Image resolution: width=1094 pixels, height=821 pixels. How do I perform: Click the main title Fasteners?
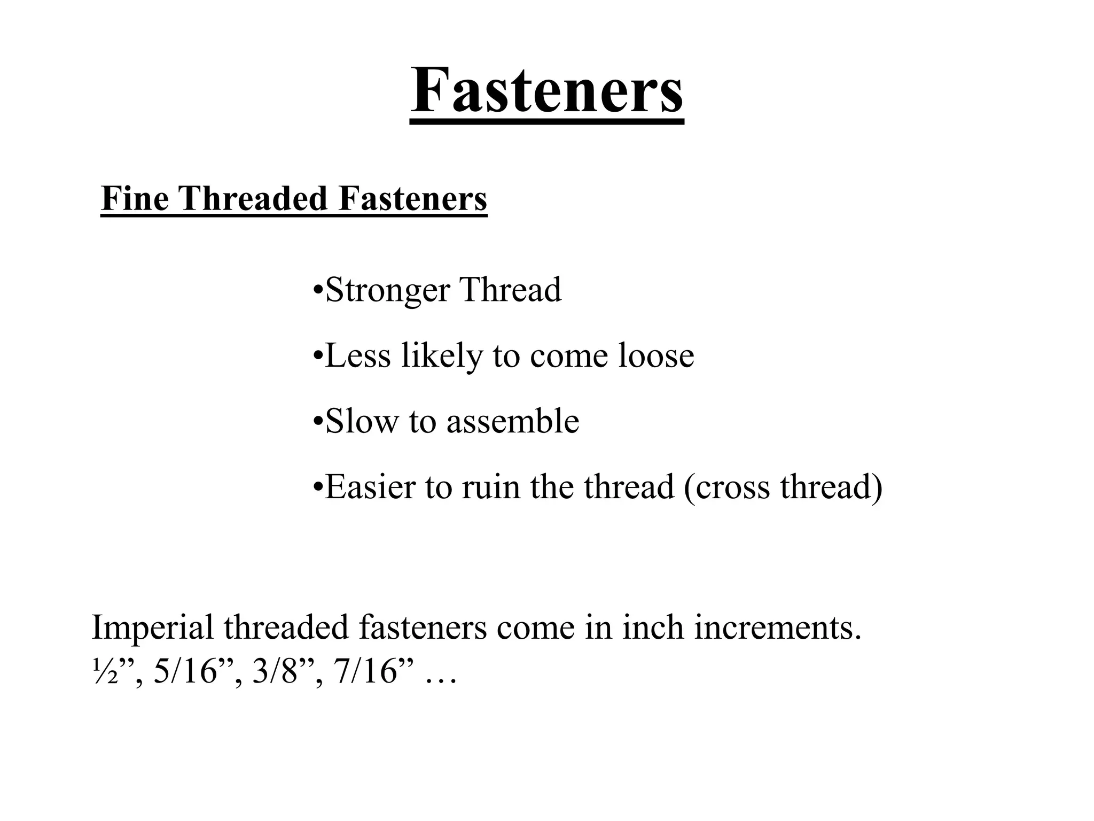pyautogui.click(x=546, y=89)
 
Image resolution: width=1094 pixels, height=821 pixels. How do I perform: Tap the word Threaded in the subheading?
pyautogui.click(x=253, y=198)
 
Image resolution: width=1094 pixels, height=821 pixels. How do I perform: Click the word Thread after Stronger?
pyautogui.click(x=511, y=290)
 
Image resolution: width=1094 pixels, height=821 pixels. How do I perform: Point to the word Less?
pyautogui.click(x=357, y=355)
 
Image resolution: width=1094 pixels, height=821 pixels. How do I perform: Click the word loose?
pyautogui.click(x=656, y=355)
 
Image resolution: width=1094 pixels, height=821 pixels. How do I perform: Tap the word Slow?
pyautogui.click(x=362, y=421)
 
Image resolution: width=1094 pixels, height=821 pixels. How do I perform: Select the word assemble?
pyautogui.click(x=513, y=421)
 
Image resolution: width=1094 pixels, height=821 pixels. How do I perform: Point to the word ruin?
pyautogui.click(x=491, y=487)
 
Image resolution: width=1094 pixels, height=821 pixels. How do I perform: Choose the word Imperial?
pyautogui.click(x=152, y=629)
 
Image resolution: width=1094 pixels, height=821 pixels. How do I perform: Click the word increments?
pyautogui.click(x=778, y=628)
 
